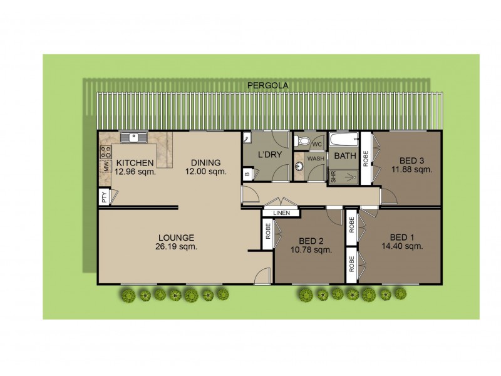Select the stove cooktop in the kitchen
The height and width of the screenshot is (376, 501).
pyautogui.click(x=106, y=151)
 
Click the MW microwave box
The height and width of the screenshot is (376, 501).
pyautogui.click(x=106, y=167)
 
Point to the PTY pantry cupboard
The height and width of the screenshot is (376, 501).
pyautogui.click(x=104, y=197)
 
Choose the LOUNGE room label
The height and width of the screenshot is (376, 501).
pyautogui.click(x=176, y=238)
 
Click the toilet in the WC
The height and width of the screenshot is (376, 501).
pyautogui.click(x=304, y=142)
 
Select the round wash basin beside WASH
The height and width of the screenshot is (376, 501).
pyautogui.click(x=299, y=166)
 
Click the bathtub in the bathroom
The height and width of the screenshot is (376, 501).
pyautogui.click(x=343, y=139)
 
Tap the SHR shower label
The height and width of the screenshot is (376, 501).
pyautogui.click(x=333, y=177)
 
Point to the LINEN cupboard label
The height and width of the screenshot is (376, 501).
pyautogui.click(x=281, y=213)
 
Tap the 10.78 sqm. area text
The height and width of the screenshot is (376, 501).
pyautogui.click(x=311, y=251)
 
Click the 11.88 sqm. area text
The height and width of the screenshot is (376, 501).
pyautogui.click(x=411, y=169)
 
